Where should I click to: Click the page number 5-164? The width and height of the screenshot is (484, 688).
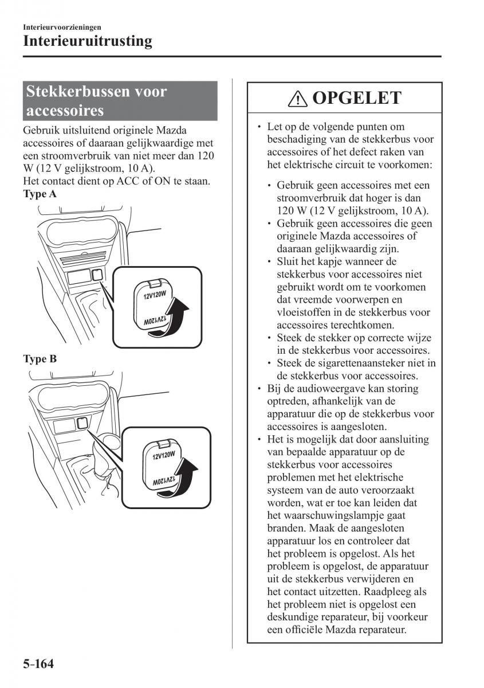tap(38, 664)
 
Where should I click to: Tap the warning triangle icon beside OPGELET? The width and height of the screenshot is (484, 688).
tap(298, 99)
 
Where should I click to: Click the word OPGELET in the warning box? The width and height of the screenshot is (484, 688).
tap(357, 99)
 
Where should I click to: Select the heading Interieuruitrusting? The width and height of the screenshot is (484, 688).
tap(88, 41)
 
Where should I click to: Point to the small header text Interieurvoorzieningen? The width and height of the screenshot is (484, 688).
tap(62, 26)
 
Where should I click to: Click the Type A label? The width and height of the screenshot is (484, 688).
tap(40, 194)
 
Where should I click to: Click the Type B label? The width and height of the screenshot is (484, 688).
tap(40, 359)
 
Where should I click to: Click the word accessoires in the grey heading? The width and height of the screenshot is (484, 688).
tap(65, 110)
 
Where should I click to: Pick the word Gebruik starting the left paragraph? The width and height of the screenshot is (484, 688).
tap(41, 131)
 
